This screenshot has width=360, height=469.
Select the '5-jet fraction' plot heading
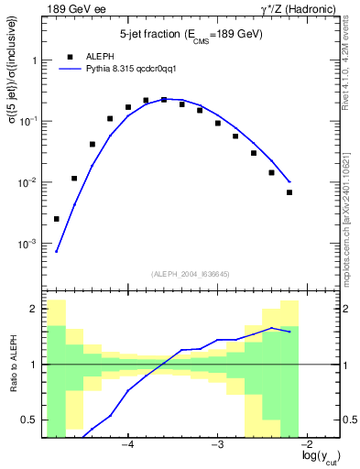pyautogui.click(x=191, y=35)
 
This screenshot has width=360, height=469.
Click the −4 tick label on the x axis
pyautogui.click(x=127, y=446)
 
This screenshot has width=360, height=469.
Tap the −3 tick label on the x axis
pyautogui.click(x=217, y=446)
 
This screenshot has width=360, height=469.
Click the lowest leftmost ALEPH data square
pyautogui.click(x=57, y=219)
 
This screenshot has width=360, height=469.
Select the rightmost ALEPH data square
pyautogui.click(x=289, y=192)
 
